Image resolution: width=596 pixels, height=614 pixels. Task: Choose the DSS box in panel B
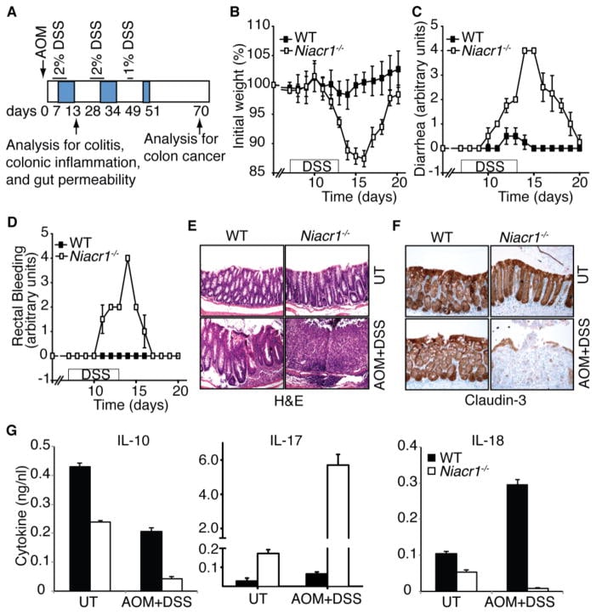pyautogui.click(x=315, y=164)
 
